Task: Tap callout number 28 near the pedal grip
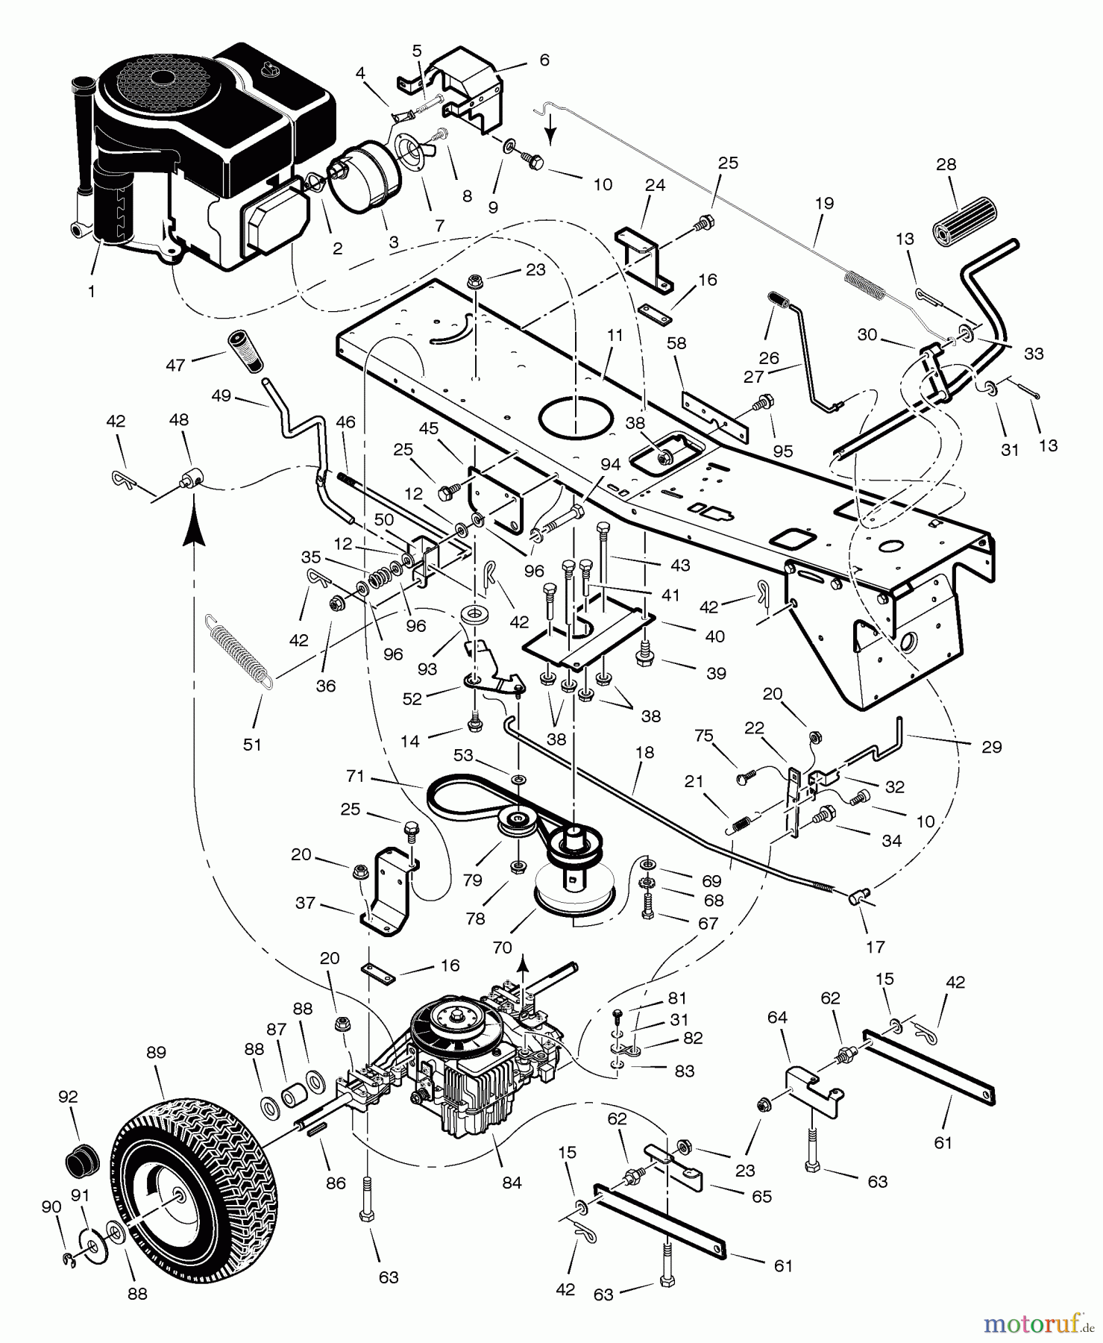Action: pyautogui.click(x=946, y=164)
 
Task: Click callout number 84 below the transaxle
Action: pyautogui.click(x=512, y=1183)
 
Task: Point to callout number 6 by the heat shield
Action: pyautogui.click(x=544, y=60)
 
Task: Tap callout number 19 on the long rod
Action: pyautogui.click(x=824, y=203)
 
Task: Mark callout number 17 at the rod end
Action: pyautogui.click(x=875, y=946)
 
